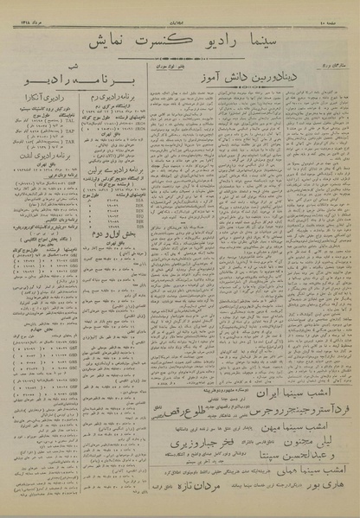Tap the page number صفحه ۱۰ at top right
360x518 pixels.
pyautogui.click(x=340, y=8)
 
